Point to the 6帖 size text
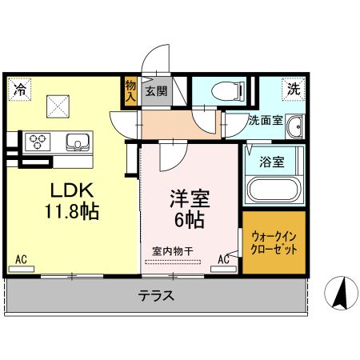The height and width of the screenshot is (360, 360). (x=190, y=218)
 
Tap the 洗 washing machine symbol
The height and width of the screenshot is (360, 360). (x=294, y=90)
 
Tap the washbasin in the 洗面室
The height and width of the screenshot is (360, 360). (x=294, y=126)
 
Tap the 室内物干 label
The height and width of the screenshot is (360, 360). (x=173, y=251)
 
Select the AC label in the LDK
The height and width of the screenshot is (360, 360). (x=22, y=259)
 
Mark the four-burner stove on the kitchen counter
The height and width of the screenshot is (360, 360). (x=37, y=142)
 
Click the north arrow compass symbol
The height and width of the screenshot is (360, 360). (x=338, y=294)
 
